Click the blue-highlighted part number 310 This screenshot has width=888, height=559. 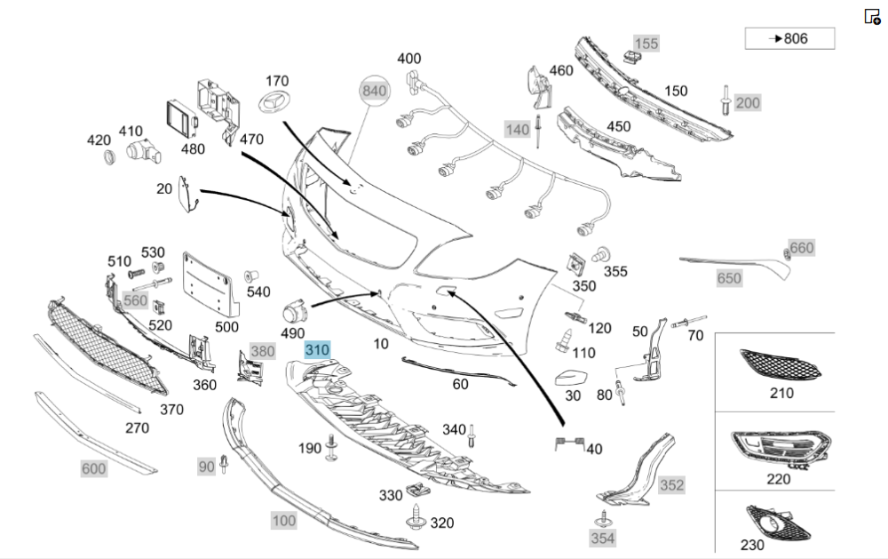pos(317,351)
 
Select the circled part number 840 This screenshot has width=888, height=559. pos(375,91)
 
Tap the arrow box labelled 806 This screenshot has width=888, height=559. pos(789,38)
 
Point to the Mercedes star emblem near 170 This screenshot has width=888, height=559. pos(276,102)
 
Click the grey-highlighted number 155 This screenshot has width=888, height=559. pos(646,43)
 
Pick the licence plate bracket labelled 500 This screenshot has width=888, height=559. pos(210,283)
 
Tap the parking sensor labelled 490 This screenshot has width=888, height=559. pos(295,312)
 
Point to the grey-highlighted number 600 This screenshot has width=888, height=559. pos(93,468)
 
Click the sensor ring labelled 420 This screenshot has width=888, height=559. pos(110,158)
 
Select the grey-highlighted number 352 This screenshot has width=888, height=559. pos(671,484)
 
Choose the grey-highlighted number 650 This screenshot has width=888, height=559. pos(729,278)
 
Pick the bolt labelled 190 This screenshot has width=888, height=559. pos(332,447)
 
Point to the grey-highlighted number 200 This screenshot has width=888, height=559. pos(748,103)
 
